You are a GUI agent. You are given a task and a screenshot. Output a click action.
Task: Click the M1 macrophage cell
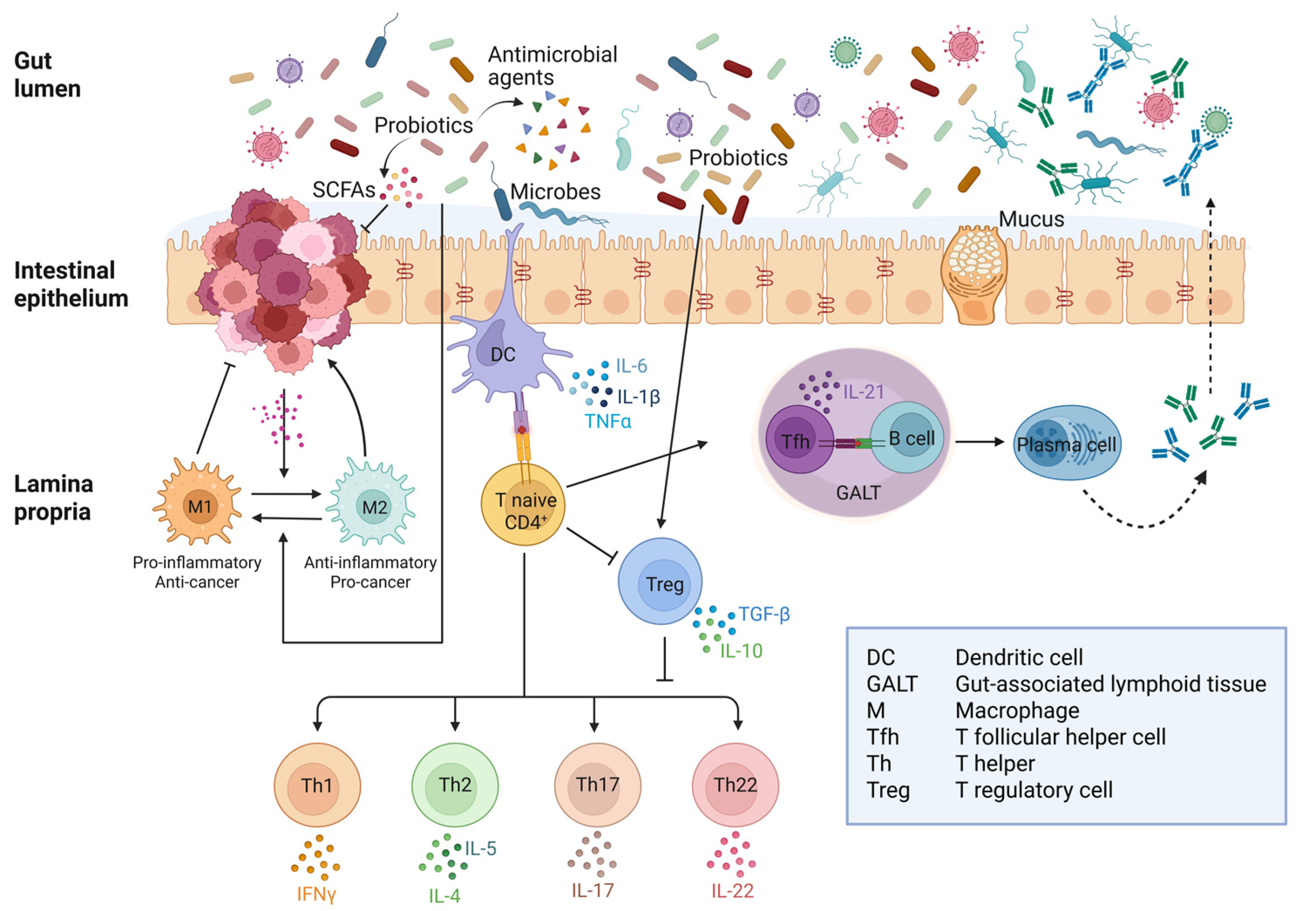pyautogui.click(x=198, y=505)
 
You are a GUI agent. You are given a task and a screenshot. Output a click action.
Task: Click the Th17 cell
pyautogui.click(x=597, y=786)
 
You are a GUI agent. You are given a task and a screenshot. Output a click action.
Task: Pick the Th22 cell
pyautogui.click(x=735, y=786)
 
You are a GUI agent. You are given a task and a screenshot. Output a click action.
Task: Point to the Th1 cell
pyautogui.click(x=317, y=786)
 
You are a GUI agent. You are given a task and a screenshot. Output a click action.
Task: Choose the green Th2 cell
pyautogui.click(x=454, y=786)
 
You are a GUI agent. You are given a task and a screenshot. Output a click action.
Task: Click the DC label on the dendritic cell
pyautogui.click(x=503, y=355)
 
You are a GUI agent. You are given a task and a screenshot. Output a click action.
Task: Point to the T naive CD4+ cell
pyautogui.click(x=522, y=504)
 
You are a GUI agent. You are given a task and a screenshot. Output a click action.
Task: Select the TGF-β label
pyautogui.click(x=764, y=614)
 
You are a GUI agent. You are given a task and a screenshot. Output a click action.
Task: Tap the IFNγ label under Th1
pyautogui.click(x=316, y=894)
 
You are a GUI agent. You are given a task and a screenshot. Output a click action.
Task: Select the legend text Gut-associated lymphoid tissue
pyautogui.click(x=1110, y=684)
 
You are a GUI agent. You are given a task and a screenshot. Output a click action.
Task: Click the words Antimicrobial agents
pyautogui.click(x=552, y=65)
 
